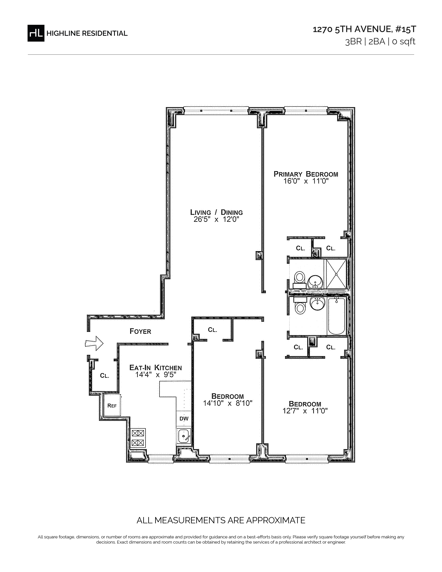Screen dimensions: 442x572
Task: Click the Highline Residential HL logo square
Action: (x=36, y=33)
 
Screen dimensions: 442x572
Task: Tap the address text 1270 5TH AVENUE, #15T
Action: (x=364, y=29)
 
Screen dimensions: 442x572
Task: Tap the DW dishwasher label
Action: (x=184, y=419)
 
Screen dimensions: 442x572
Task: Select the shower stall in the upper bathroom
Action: (x=335, y=274)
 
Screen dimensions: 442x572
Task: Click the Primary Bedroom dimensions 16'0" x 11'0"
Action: (x=306, y=181)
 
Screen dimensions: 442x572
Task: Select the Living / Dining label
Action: (x=216, y=212)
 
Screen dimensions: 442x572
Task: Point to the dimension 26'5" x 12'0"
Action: (x=216, y=219)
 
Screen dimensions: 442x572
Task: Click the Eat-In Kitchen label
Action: (x=155, y=367)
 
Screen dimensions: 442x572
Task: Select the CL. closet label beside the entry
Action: (x=105, y=376)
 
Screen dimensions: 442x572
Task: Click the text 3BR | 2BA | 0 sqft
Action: (x=380, y=42)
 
